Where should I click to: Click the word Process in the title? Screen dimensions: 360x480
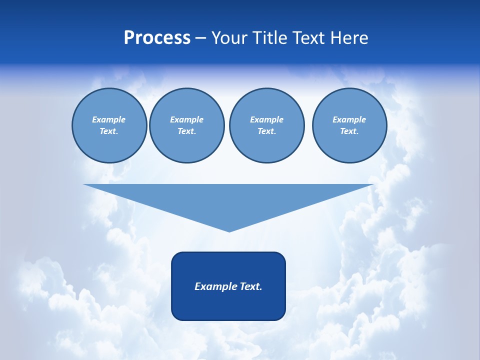(x=157, y=38)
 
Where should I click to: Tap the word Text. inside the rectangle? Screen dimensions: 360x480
(x=250, y=286)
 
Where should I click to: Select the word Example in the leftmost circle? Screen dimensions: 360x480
(x=109, y=119)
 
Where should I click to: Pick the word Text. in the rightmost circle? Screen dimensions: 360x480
(x=349, y=131)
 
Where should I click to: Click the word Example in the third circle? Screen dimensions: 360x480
(x=266, y=119)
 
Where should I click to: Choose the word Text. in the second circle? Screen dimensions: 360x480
(x=186, y=131)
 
